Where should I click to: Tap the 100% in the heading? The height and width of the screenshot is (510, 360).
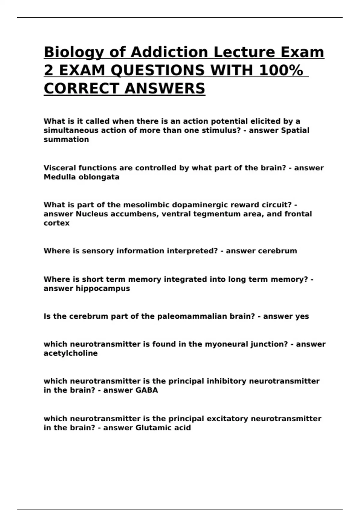pyautogui.click(x=280, y=71)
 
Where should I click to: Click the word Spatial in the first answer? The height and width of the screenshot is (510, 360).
pyautogui.click(x=295, y=130)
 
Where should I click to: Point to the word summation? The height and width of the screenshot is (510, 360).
pyautogui.click(x=66, y=139)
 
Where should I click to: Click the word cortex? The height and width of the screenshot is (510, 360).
pyautogui.click(x=56, y=223)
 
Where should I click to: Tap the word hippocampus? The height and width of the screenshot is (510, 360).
pyautogui.click(x=103, y=289)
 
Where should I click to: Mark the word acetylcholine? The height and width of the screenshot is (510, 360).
pyautogui.click(x=70, y=353)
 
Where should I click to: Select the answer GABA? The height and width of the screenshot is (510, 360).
pyautogui.click(x=147, y=390)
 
